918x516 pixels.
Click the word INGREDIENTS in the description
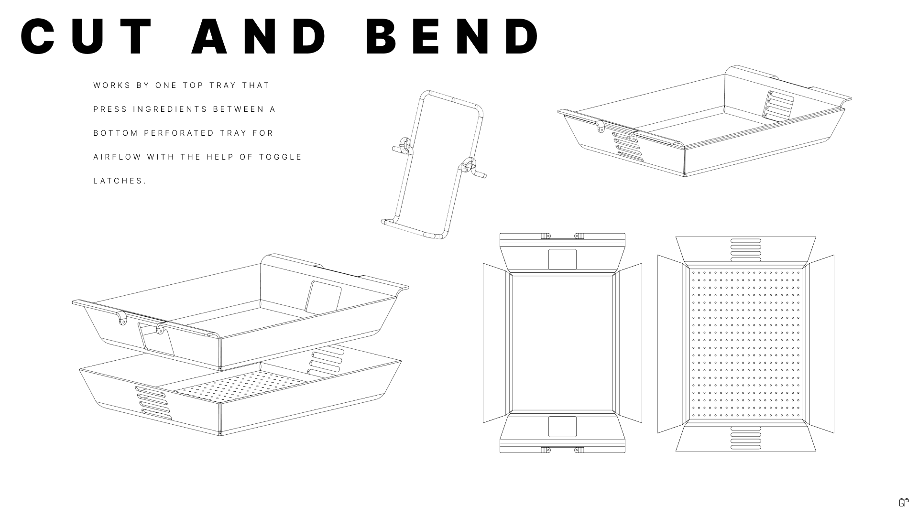pyautogui.click(x=171, y=109)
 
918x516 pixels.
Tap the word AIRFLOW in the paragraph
pyautogui.click(x=117, y=157)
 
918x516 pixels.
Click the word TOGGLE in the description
pyautogui.click(x=281, y=157)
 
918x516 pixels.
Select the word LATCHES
pyautogui.click(x=120, y=181)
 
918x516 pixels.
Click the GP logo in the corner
pyautogui.click(x=903, y=503)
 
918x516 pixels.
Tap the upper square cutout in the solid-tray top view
pyautogui.click(x=562, y=259)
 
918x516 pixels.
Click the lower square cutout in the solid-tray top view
pyautogui.click(x=562, y=427)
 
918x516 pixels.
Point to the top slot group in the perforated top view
pyautogui.click(x=745, y=250)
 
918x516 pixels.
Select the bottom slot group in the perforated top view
pyautogui.click(x=745, y=438)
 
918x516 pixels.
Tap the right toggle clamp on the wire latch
pyautogui.click(x=469, y=167)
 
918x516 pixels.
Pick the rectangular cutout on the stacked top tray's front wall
pyautogui.click(x=156, y=339)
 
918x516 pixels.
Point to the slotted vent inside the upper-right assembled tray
pyautogui.click(x=780, y=106)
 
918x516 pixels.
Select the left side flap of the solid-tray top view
pyautogui.click(x=495, y=343)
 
